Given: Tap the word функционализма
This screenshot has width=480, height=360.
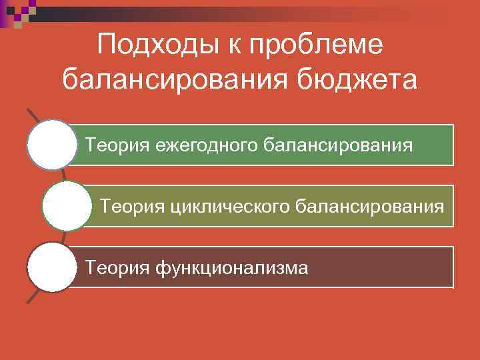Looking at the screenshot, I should click(232, 268).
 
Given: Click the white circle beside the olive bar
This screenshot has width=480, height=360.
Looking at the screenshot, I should click(66, 206).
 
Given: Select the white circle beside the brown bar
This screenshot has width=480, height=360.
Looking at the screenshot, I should click(52, 267).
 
